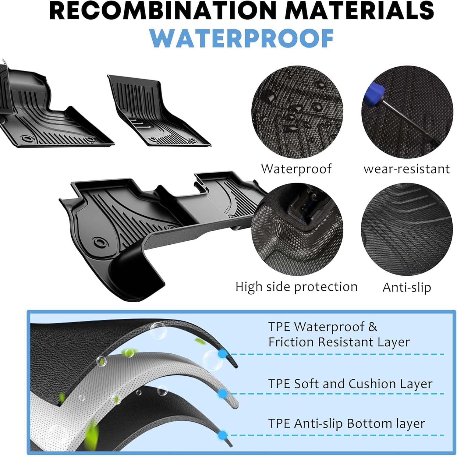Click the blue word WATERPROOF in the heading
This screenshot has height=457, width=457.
click(x=242, y=38)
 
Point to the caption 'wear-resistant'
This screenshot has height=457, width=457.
click(x=407, y=169)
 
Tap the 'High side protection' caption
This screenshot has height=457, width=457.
click(x=296, y=287)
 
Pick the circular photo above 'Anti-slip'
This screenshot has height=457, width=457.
click(x=407, y=229)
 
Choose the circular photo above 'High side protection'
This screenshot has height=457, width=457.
click(x=297, y=229)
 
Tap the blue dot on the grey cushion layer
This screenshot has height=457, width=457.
click(x=223, y=393)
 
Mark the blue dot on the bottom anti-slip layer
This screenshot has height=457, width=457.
click(x=223, y=435)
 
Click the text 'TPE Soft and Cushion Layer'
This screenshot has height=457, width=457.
click(x=350, y=384)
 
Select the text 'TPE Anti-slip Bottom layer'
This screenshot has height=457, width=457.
click(x=347, y=424)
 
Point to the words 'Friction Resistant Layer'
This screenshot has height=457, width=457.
click(x=339, y=342)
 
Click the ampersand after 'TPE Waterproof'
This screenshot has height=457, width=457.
click(x=373, y=327)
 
